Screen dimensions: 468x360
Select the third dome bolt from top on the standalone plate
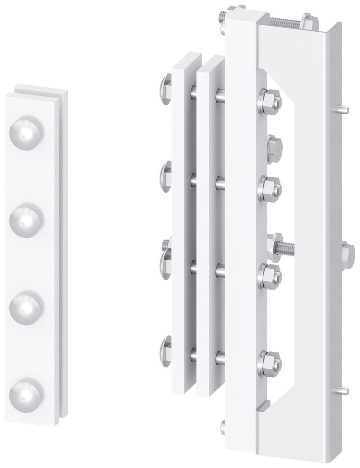pos(26,305)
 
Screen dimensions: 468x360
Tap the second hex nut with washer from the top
pos(269,187)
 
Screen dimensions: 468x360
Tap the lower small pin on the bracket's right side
pos(343,389)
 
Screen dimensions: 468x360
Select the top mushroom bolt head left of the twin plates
pos(166,86)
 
